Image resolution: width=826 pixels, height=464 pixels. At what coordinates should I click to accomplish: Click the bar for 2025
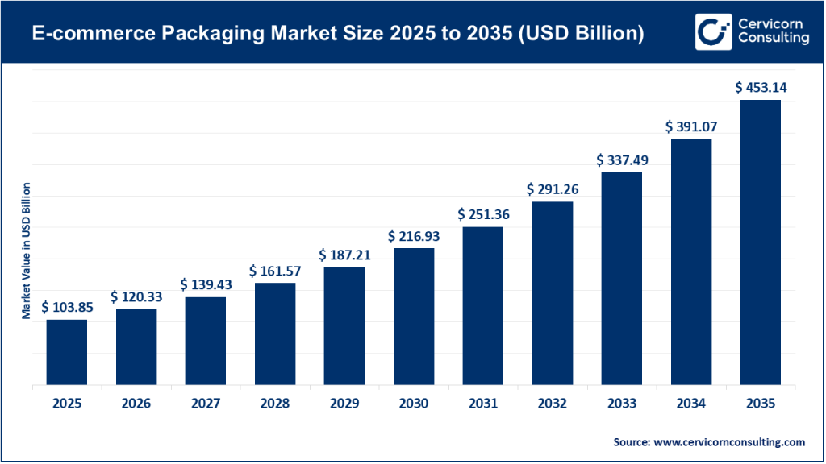(66, 352)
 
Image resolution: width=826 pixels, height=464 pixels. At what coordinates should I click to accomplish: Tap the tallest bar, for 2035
(760, 242)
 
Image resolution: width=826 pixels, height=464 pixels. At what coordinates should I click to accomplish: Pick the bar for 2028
(275, 333)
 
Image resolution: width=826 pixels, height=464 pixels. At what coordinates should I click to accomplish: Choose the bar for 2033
(621, 279)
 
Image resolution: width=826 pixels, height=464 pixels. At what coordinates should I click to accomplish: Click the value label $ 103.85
(67, 307)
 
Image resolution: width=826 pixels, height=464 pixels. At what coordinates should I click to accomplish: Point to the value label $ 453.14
(760, 87)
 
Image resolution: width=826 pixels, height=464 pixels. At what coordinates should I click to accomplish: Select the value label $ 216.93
(414, 235)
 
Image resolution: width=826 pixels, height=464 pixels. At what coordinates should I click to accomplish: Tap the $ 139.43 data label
(206, 284)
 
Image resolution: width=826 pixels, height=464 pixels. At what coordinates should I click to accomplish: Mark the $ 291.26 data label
(553, 189)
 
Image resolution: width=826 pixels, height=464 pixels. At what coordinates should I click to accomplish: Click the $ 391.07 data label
(691, 126)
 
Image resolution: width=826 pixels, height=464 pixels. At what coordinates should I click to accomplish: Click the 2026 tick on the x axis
(136, 404)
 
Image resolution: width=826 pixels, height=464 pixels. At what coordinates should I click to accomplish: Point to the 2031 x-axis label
(483, 404)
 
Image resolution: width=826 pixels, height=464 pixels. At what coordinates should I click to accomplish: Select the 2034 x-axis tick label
(691, 404)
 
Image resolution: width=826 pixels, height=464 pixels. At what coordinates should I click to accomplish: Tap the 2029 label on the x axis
(344, 404)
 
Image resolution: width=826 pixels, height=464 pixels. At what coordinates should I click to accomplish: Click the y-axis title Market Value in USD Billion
(26, 251)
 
